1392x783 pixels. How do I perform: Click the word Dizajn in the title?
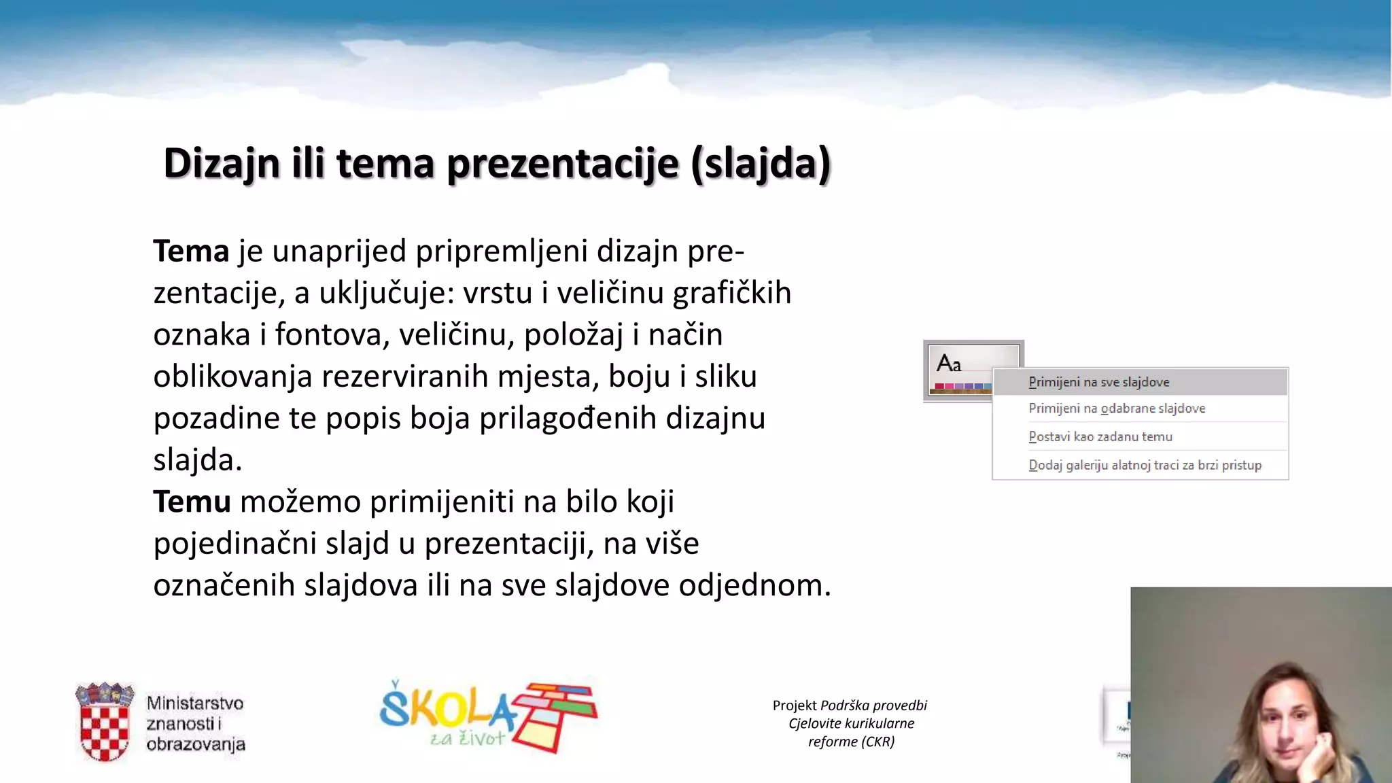click(222, 164)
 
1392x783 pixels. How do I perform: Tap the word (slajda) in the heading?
click(761, 164)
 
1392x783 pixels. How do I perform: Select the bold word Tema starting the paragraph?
click(191, 251)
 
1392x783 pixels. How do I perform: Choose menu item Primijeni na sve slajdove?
click(1098, 382)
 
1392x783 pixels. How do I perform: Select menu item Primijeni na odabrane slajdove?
click(1117, 408)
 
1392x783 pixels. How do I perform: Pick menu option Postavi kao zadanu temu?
click(1100, 437)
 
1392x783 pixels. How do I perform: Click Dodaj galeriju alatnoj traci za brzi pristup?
click(1145, 466)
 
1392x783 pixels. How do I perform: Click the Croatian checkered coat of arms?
click(105, 723)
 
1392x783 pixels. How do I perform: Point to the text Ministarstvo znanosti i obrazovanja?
click(195, 723)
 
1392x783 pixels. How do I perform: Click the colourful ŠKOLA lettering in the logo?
click(445, 709)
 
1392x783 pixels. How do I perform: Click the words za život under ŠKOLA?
click(467, 739)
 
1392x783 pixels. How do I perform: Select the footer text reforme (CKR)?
click(851, 742)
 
